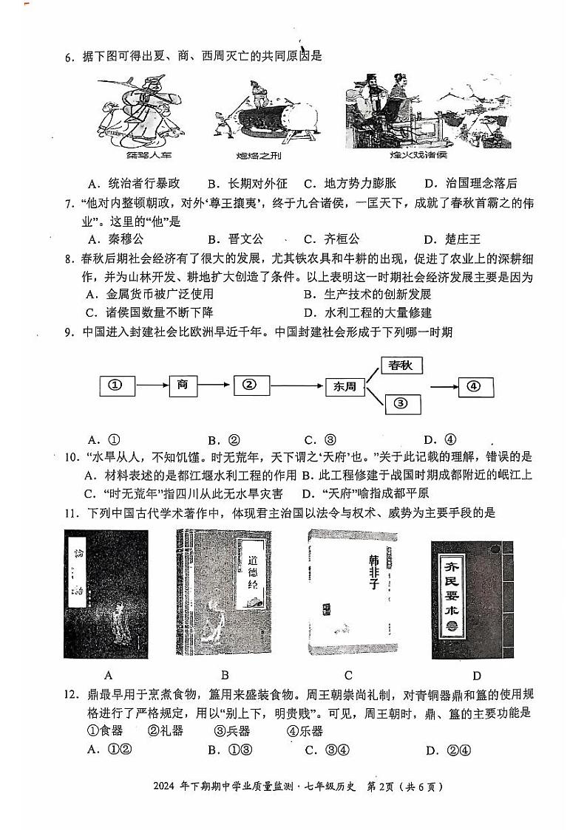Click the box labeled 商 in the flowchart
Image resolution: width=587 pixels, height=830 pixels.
click(183, 385)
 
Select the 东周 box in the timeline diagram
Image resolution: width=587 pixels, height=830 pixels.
click(345, 385)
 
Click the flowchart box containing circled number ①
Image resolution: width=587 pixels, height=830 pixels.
click(115, 385)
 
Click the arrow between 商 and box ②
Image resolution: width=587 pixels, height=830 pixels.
click(217, 385)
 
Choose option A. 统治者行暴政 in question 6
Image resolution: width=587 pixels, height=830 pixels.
click(133, 184)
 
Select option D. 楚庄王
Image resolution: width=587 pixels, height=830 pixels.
click(452, 239)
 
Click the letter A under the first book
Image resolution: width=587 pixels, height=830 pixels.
click(109, 674)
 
